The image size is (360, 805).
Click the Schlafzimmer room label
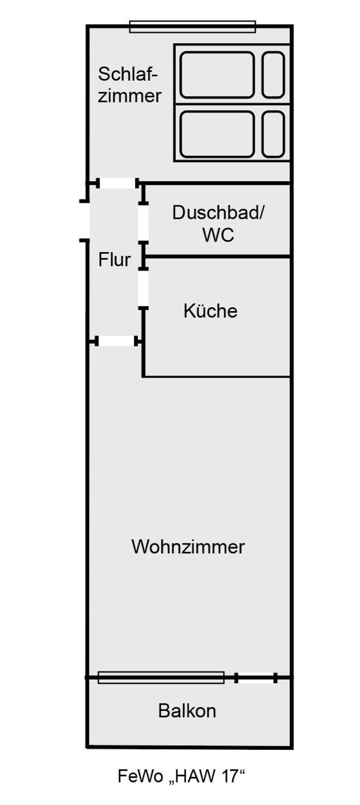(x=130, y=85)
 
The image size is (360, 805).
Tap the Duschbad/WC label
(x=218, y=223)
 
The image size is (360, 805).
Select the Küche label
(x=210, y=311)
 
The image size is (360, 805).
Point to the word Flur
(x=115, y=260)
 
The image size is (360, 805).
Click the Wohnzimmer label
(x=188, y=546)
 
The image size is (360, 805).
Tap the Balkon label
(x=187, y=711)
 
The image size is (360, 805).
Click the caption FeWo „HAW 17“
(x=182, y=776)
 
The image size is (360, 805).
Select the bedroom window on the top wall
(x=192, y=26)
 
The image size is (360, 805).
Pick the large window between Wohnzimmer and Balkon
(x=161, y=677)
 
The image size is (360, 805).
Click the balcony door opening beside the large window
(x=256, y=678)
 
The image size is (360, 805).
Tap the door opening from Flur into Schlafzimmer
(x=117, y=183)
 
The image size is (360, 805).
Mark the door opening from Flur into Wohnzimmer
(x=117, y=341)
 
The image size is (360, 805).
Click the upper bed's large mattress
(x=217, y=75)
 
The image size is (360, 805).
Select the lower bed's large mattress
(x=217, y=134)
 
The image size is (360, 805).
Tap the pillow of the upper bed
(x=273, y=75)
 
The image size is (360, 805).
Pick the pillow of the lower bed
(x=273, y=134)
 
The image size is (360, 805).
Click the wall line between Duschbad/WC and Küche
(x=218, y=256)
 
